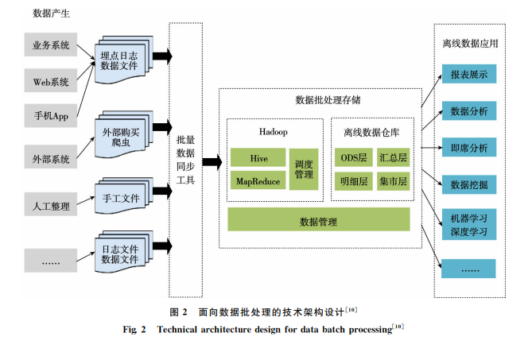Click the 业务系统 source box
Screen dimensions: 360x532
(x=50, y=45)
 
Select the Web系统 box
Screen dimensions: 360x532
(x=50, y=81)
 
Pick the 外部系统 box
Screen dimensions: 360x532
(x=50, y=154)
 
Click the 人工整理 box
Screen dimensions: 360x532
(x=50, y=207)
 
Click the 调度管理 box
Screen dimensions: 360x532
(x=304, y=169)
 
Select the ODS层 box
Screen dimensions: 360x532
(x=352, y=158)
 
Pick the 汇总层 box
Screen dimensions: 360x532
(x=393, y=158)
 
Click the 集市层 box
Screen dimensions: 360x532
(x=393, y=181)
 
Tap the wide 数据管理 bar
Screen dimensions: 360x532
(x=318, y=220)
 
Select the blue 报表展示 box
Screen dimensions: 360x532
(x=469, y=75)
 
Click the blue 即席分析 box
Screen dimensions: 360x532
(x=469, y=148)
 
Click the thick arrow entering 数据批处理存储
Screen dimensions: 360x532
(x=211, y=162)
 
